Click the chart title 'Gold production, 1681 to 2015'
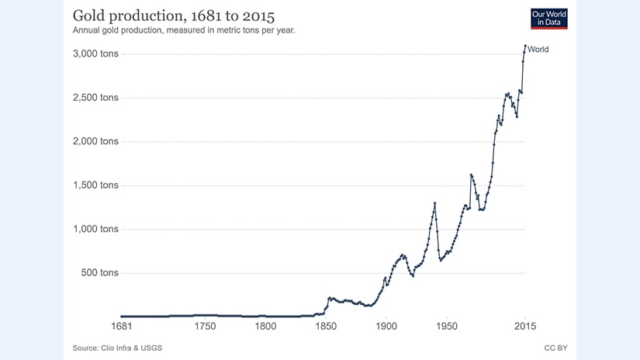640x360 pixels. coord(173,16)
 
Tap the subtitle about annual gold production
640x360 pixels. coord(183,31)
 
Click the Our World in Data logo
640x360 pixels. coord(549,19)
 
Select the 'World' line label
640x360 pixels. coord(538,50)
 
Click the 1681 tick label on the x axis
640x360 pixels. coord(121,327)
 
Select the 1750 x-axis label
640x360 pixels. coord(205,327)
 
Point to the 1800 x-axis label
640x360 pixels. coord(265,327)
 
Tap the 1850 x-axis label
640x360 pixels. coord(326,327)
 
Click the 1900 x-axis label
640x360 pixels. coord(386,327)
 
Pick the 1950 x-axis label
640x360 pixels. coord(447,327)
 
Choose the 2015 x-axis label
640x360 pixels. coord(525,327)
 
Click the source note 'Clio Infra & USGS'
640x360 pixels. coord(117,348)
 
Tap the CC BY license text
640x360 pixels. coord(555,348)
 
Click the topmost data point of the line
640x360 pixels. coord(525,46)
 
